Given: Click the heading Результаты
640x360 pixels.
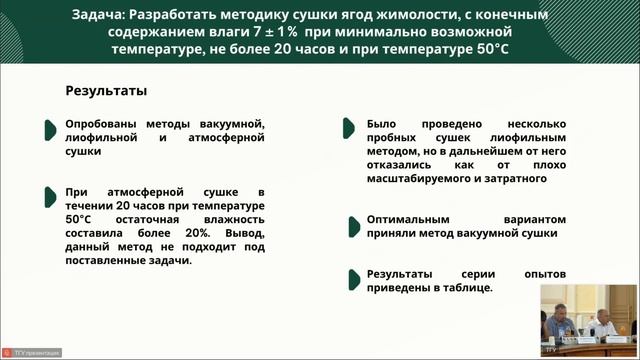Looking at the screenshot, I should [x=106, y=91].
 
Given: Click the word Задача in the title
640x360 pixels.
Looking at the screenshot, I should [x=99, y=15].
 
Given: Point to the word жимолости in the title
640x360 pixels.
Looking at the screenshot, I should [x=436, y=15].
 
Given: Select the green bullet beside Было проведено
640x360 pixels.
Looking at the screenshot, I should [x=349, y=127].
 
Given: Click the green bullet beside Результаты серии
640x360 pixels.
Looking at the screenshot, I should [x=349, y=276].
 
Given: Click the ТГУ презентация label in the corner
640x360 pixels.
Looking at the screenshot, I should [x=35, y=353].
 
